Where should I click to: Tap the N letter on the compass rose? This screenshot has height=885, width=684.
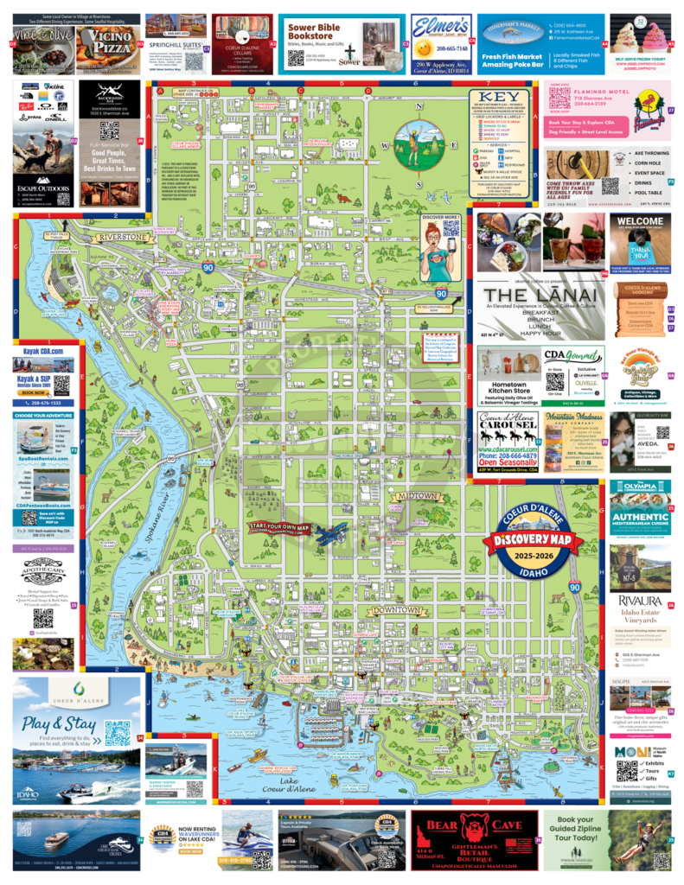pos(419,107)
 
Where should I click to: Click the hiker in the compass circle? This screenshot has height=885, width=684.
pos(419,143)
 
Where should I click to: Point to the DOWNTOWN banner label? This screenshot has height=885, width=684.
pos(393,611)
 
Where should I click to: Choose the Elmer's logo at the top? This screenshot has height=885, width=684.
pos(441,29)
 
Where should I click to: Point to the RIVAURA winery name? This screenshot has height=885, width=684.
pos(641,600)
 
